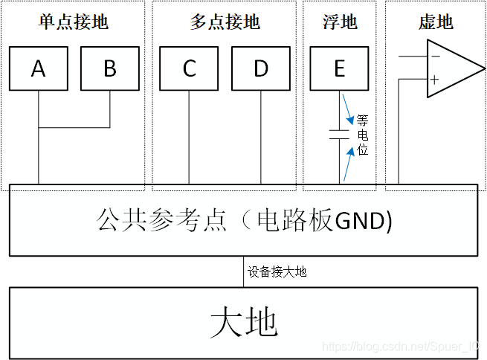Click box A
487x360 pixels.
click(38, 69)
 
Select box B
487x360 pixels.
click(110, 69)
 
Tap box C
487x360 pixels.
click(189, 69)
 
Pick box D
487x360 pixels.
click(260, 69)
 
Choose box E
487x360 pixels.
click(339, 69)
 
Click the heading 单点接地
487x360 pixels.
click(74, 22)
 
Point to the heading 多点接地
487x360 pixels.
click(225, 22)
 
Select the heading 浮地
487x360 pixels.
click(340, 22)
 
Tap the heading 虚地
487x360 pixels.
click(436, 22)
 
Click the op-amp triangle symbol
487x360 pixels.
click(450, 68)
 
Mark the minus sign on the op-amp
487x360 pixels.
click(435, 57)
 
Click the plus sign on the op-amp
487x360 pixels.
click(435, 80)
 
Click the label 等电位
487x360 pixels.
click(362, 135)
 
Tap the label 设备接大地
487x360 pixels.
click(277, 271)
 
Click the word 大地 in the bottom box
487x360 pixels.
click(244, 322)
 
